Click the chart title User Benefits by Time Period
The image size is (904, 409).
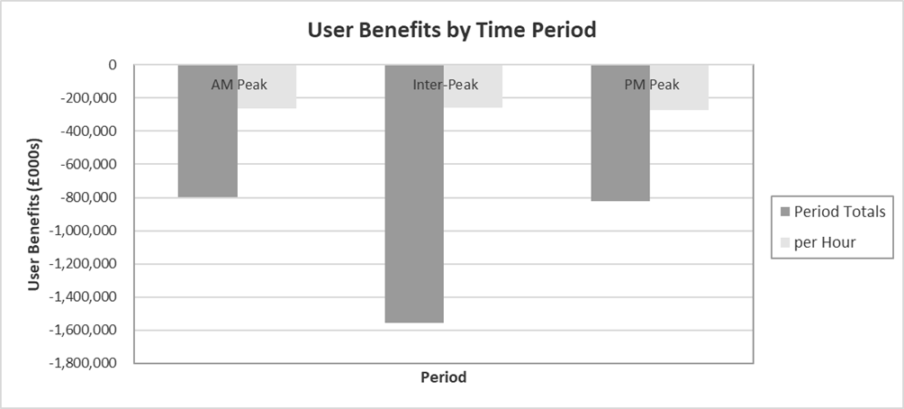coord(452,30)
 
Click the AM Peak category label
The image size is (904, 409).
coord(239,86)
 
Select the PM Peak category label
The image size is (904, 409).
coord(651,86)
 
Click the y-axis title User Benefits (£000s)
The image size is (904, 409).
coord(34,214)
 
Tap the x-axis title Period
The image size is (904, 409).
coord(444,377)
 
